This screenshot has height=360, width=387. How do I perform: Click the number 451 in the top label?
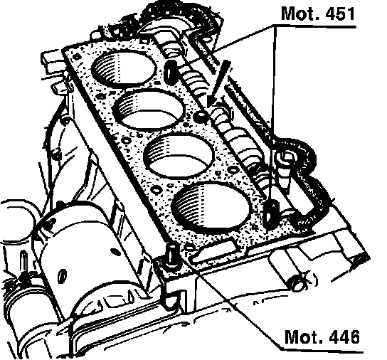coord(340,14)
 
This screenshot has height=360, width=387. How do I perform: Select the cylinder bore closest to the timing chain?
coord(124,67)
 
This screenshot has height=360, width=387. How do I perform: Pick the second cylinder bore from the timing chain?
coord(149,109)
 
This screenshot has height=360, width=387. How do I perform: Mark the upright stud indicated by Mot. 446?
coord(171,257)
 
